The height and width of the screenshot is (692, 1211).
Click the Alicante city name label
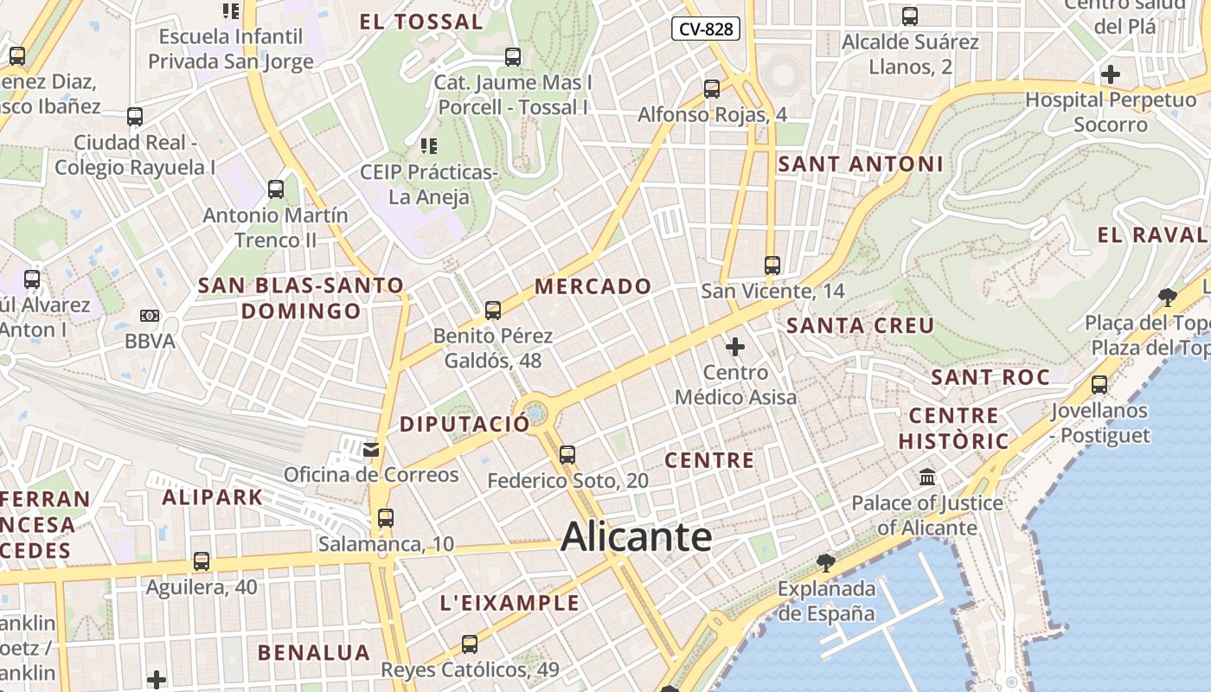636,537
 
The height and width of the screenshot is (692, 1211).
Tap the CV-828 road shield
706,29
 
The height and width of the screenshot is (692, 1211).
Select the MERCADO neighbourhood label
593,286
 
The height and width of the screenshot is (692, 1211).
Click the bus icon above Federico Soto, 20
567,454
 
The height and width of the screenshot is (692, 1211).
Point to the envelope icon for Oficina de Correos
371,449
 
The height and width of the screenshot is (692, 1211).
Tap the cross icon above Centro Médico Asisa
735,347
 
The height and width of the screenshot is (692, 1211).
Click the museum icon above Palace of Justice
927,477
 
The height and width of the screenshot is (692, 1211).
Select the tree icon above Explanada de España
826,563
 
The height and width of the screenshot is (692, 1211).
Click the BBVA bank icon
150,316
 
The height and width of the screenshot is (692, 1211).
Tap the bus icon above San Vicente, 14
772,266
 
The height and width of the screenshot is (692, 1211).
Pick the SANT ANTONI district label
860,163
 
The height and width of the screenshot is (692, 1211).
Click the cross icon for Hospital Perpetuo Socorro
1111,74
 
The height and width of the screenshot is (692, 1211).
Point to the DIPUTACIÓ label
464,425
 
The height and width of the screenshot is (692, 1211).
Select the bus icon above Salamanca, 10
386,518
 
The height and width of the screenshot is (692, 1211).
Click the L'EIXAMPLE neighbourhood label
509,603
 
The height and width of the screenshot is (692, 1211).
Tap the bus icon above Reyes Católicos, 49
470,644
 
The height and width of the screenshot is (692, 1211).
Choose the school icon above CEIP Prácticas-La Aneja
429,146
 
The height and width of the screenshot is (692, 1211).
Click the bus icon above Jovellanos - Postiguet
1099,385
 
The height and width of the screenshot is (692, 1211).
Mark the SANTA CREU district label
860,326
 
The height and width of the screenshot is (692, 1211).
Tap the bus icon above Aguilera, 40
202,561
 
